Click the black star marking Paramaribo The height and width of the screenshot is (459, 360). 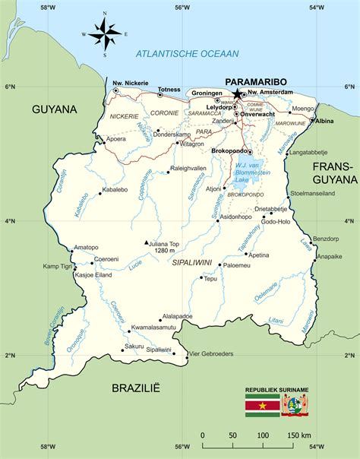237,93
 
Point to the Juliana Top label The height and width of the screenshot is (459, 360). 166,244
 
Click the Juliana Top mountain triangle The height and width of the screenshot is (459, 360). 147,243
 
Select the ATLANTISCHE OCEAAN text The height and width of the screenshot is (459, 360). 187,53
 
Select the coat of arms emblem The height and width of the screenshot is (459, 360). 294,405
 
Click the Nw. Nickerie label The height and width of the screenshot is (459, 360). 130,83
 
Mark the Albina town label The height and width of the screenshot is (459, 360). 324,121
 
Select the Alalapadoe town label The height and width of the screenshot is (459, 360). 177,316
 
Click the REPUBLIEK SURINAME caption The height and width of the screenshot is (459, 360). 276,390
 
